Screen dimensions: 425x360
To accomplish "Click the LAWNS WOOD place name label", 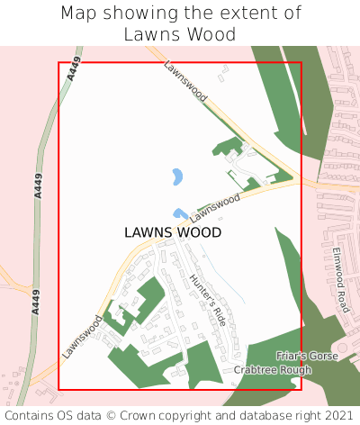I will pos(173,232).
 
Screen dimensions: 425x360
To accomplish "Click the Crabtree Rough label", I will pos(273,370).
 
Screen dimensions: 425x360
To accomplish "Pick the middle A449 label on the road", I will pos(37,185).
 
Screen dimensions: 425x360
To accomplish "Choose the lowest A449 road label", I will pos(35,299).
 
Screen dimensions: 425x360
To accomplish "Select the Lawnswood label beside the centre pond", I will pos(216,205).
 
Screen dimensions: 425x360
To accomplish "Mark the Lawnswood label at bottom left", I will pos(83,337).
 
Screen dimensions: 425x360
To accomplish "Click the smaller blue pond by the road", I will pos(181,214).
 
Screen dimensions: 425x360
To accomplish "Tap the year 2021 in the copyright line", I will pos(338,416).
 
